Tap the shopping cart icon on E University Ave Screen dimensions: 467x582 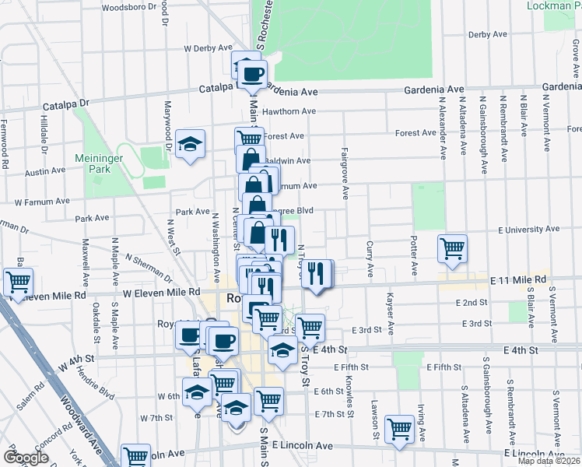coord(452,249)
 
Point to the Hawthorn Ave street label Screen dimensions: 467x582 coord(289,111)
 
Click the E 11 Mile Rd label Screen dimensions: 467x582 coord(518,279)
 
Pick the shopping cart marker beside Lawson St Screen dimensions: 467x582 coord(399,427)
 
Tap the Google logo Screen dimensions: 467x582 coord(26,458)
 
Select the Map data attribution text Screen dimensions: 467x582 coord(549,461)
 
